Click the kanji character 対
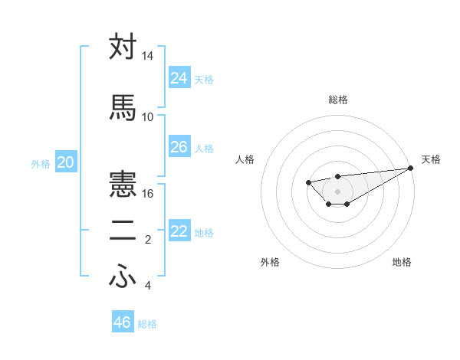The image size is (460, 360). tap(123, 47)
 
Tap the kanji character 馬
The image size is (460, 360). tap(123, 107)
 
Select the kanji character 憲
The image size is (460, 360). tap(123, 185)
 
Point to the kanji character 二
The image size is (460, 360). tap(123, 232)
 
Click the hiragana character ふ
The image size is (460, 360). tap(123, 277)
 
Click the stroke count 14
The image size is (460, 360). tap(148, 57)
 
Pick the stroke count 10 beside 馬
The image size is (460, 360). tap(148, 116)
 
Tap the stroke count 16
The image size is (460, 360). tap(148, 194)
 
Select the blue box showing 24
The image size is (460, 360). tap(179, 77)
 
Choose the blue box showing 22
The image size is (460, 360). tap(179, 231)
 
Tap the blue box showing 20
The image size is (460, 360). tap(66, 162)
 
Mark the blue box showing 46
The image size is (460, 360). tap(123, 322)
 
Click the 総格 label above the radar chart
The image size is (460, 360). tap(338, 100)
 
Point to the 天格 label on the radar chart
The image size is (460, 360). tap(432, 159)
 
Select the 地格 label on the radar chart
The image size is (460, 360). tap(402, 262)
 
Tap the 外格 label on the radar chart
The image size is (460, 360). tap(270, 262)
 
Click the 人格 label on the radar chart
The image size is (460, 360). tap(245, 159)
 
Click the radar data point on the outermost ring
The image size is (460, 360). tap(412, 168)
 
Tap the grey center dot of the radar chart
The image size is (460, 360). tap(337, 191)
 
